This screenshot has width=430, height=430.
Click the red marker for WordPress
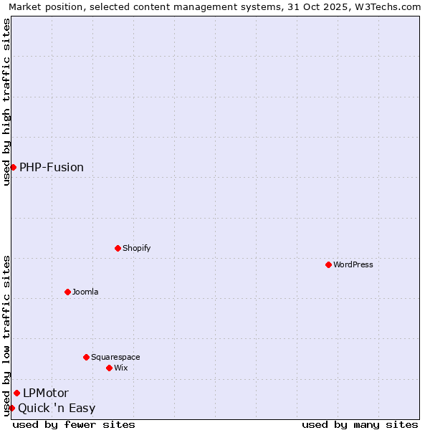point(328,264)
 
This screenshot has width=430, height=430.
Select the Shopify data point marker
point(118,248)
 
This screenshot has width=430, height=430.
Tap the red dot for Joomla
point(67,292)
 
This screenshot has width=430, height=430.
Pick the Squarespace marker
point(86,357)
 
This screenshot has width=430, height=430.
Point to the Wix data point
point(109,368)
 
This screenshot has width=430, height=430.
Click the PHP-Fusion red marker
point(13,167)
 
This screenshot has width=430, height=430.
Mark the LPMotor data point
point(16,393)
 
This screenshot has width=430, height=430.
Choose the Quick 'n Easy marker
point(11,408)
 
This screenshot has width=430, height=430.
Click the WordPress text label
point(353,264)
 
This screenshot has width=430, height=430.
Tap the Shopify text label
point(136,248)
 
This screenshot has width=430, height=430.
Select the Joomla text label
point(85,292)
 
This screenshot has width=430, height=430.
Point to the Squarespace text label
point(115,357)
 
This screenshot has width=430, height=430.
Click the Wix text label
point(121,368)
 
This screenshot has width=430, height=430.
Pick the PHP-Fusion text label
point(52,167)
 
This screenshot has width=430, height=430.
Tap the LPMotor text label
point(46,393)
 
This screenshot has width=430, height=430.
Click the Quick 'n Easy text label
point(57,408)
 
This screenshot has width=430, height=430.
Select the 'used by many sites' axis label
point(360,424)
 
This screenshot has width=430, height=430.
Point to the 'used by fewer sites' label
point(74,424)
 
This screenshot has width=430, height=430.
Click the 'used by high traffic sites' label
point(6,102)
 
